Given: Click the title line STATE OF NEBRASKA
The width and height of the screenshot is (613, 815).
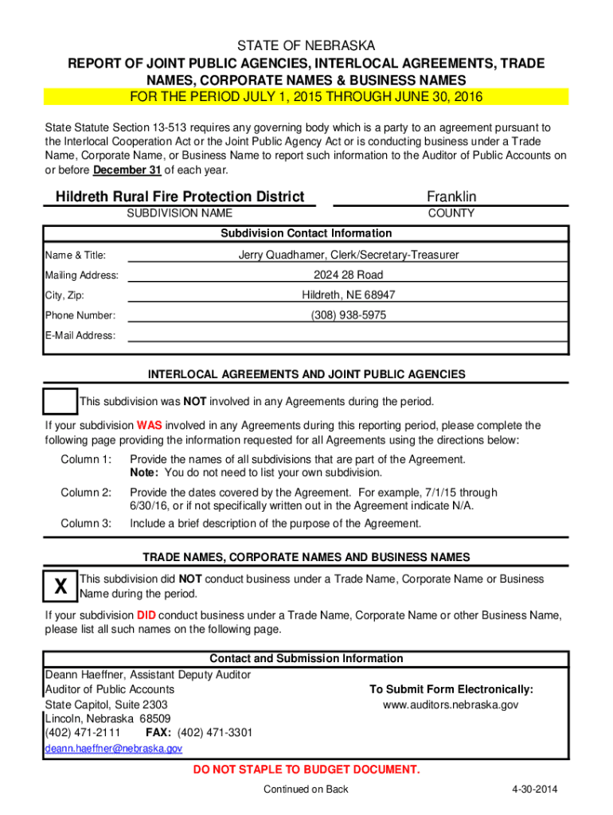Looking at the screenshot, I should coord(306,46).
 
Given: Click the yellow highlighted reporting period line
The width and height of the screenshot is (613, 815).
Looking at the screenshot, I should coord(306,97).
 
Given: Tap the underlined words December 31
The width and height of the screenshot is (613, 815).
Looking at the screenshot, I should coord(127,170).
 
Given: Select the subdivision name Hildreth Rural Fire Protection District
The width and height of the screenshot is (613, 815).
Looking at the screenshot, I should coord(180,197).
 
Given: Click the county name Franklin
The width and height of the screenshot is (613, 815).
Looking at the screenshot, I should coord(451,197).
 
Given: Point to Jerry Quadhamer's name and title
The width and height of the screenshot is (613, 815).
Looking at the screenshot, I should coord(348,255).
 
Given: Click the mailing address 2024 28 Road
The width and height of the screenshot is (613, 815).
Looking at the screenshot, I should coord(348,275).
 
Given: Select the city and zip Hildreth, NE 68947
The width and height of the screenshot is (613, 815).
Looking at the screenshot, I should coord(348,295).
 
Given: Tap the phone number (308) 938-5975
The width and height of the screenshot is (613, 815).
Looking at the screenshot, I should coord(348,315).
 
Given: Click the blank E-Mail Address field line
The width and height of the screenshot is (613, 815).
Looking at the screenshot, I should coord(348,335).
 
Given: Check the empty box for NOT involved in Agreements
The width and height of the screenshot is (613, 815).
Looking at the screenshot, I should coord(61,401).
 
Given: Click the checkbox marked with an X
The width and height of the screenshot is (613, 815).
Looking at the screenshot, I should coord(61,587).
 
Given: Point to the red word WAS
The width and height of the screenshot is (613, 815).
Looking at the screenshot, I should coord(150,425).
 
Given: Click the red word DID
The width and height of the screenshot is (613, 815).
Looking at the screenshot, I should coord(146,615).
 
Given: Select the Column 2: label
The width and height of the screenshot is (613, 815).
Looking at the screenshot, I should coord(86,492).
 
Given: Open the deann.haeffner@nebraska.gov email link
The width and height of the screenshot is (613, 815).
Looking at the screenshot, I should coord(114,749).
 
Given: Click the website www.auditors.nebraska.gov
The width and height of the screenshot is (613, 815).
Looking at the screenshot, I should coord(451,705).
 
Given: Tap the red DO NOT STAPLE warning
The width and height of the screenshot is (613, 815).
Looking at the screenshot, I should coord(306,770).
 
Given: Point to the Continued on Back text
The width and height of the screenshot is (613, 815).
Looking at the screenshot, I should coord(306,790).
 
